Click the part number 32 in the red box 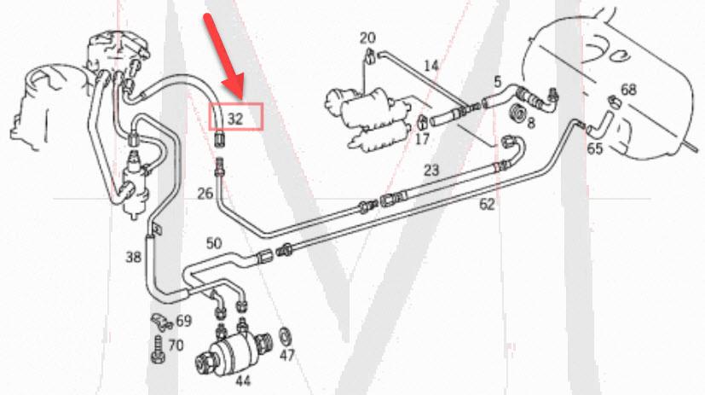click(x=236, y=118)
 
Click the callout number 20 click(x=367, y=38)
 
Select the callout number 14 click(x=431, y=66)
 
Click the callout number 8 click(x=530, y=123)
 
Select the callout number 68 click(x=628, y=90)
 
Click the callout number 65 click(x=594, y=148)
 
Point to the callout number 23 click(x=431, y=170)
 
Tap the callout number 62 click(x=487, y=204)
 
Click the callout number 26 click(x=205, y=194)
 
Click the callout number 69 click(x=183, y=322)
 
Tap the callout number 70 click(x=176, y=346)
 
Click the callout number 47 click(x=286, y=354)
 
